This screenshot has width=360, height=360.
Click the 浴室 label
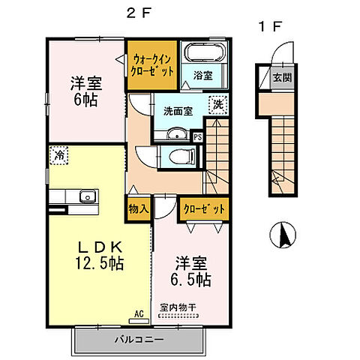[x=203, y=76]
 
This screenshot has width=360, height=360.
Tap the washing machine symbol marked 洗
[x=217, y=104]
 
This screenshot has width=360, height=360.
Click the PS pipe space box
[x=197, y=137]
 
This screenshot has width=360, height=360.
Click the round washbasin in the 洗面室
[x=178, y=135]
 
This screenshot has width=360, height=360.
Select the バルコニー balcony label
[x=139, y=339]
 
